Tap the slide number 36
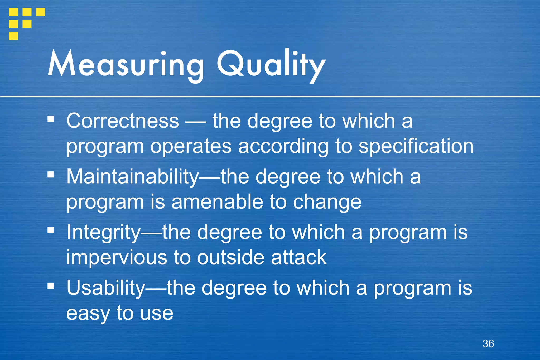click(x=488, y=344)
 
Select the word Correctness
click(x=123, y=121)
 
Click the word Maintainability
click(x=132, y=176)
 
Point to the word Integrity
click(x=103, y=232)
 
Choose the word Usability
click(x=105, y=288)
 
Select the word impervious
click(x=117, y=257)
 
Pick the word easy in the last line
click(x=88, y=313)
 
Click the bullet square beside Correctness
click(x=51, y=119)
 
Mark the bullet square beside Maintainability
click(x=51, y=175)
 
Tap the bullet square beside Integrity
click(x=51, y=230)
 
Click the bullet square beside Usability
click(x=51, y=286)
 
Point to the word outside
click(x=230, y=257)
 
